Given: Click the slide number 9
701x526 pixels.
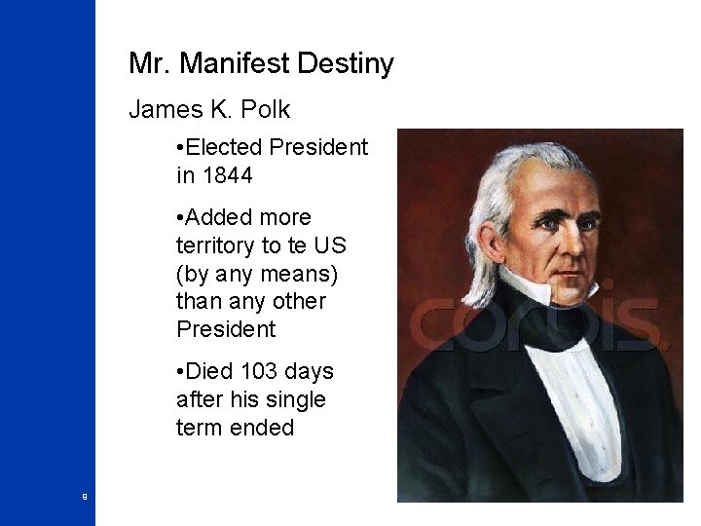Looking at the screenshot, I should [85, 497].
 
